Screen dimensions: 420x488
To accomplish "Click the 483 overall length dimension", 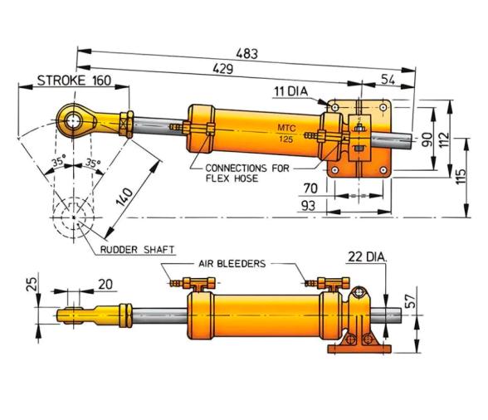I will pos(246,52).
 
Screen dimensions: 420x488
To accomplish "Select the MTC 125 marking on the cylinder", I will pos(285,131).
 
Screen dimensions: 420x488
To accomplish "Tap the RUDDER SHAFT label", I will pos(130,248).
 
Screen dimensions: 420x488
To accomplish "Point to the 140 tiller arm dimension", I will pos(124,195).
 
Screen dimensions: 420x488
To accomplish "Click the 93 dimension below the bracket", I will pos(308,205).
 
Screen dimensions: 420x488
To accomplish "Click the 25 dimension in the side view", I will pos(32,284).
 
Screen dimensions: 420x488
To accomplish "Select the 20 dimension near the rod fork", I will pos(105,284).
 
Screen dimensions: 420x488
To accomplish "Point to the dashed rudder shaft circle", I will pos(74,217).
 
